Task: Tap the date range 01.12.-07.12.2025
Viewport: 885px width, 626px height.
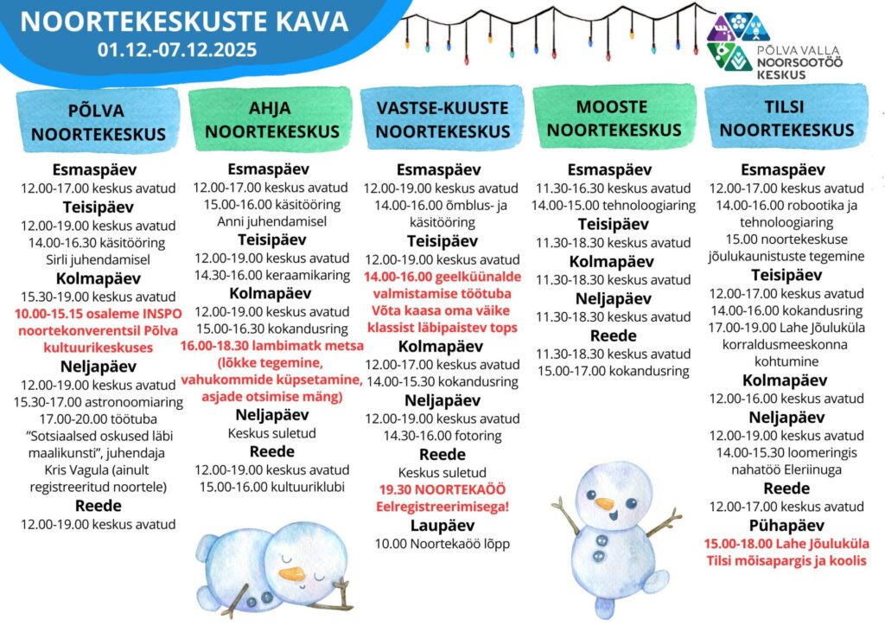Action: point(177,49)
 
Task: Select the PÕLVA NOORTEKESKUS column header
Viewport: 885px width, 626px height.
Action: point(96,123)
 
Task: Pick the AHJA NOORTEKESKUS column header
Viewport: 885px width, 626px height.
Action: point(270,120)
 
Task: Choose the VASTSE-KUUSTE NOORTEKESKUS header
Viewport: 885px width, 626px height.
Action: point(442,120)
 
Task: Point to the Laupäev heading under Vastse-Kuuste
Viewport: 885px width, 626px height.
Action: point(442,525)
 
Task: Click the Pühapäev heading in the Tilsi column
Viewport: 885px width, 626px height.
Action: point(786,525)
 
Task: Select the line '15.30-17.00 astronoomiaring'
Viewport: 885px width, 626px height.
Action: point(99,402)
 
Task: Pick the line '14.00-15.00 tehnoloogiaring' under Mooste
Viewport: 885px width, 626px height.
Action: point(614,206)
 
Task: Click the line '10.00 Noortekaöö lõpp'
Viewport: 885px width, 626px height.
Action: point(442,544)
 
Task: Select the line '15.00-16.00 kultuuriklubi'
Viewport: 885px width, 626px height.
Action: point(270,488)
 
